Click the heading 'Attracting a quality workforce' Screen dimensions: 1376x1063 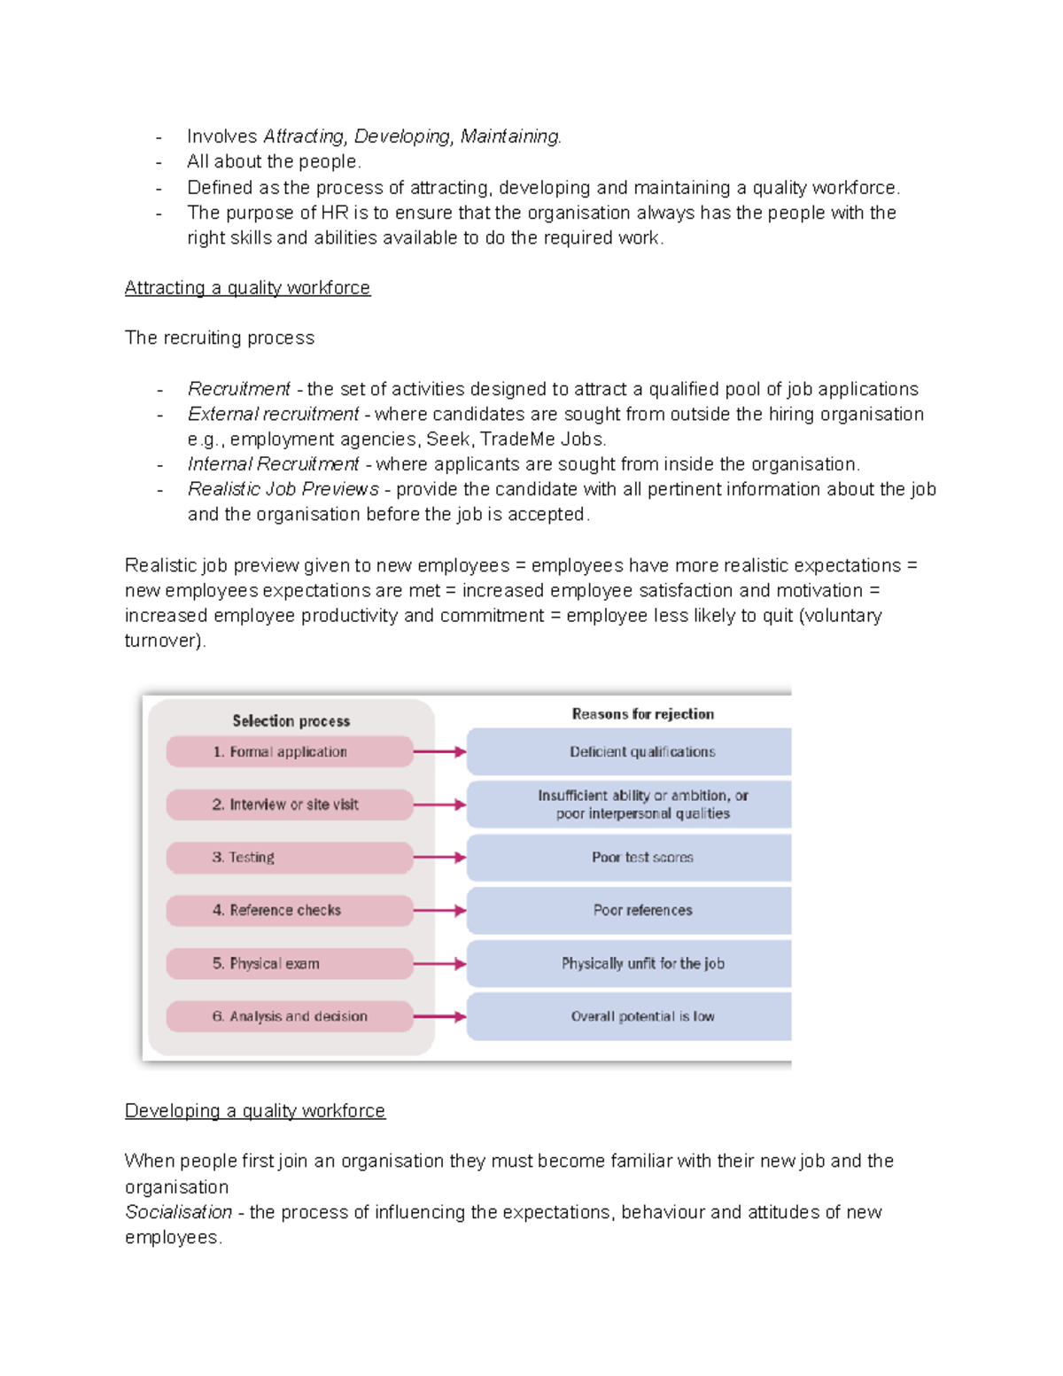[x=247, y=288]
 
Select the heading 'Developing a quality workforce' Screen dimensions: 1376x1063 [x=255, y=1111]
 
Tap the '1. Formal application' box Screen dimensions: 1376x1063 [x=289, y=751]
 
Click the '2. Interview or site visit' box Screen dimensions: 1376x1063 [x=289, y=805]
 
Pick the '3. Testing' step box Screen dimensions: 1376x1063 [x=289, y=858]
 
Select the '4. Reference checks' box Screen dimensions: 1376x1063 [x=289, y=910]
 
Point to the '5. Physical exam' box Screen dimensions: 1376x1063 [x=289, y=963]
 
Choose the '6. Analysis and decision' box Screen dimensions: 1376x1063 [x=289, y=1016]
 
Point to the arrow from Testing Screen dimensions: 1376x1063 [x=439, y=858]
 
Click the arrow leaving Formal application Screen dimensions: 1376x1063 [x=439, y=751]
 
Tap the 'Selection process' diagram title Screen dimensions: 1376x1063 [x=291, y=721]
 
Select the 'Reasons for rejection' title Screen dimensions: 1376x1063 [x=642, y=714]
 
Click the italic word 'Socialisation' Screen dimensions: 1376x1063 [x=178, y=1212]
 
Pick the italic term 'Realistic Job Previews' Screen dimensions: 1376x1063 [x=283, y=489]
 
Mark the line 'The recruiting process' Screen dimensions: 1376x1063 [x=220, y=338]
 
